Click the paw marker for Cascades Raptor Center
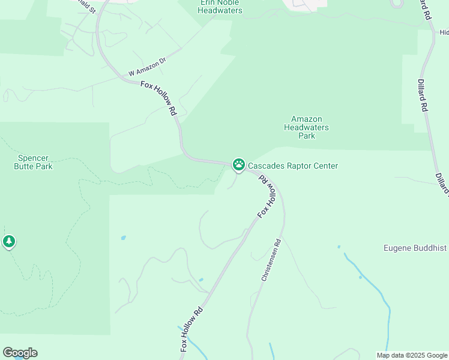pyautogui.click(x=239, y=164)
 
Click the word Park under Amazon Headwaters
pyautogui.click(x=307, y=136)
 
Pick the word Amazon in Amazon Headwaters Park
pyautogui.click(x=307, y=119)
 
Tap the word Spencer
pyautogui.click(x=34, y=158)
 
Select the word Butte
pyautogui.click(x=24, y=166)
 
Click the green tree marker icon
pyautogui.click(x=9, y=242)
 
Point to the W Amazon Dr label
pyautogui.click(x=146, y=67)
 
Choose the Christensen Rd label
pyautogui.click(x=271, y=261)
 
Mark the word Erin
pyautogui.click(x=208, y=2)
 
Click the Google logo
pyautogui.click(x=20, y=353)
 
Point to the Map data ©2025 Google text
pyautogui.click(x=412, y=355)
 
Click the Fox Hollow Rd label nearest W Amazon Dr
pyautogui.click(x=159, y=98)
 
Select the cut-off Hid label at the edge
pyautogui.click(x=444, y=32)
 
